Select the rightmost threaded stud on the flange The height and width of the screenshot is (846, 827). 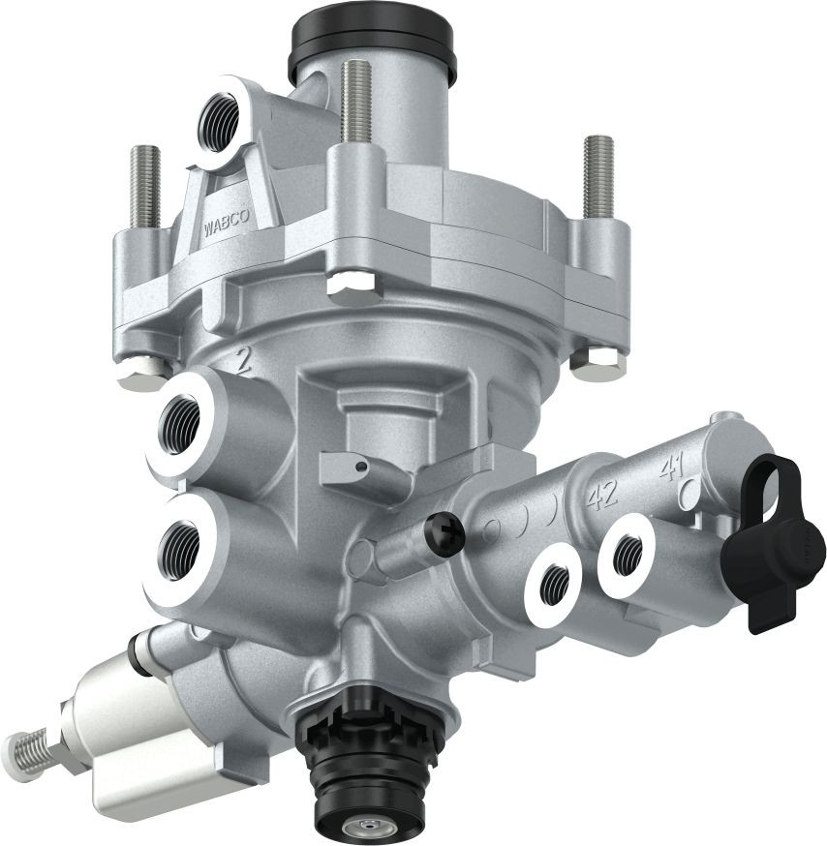(x=597, y=174)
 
